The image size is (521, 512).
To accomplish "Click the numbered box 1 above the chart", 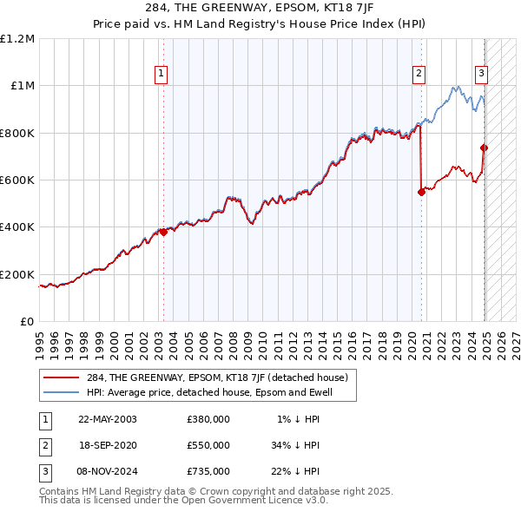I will pyautogui.click(x=162, y=74).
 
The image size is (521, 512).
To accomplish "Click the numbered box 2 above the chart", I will pyautogui.click(x=419, y=74).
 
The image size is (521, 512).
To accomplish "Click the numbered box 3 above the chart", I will pyautogui.click(x=480, y=74).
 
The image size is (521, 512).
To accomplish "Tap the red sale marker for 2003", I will pyautogui.click(x=163, y=232).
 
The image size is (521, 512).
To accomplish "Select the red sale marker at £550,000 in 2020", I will pyautogui.click(x=421, y=192).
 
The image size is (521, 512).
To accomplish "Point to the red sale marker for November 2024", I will pyautogui.click(x=485, y=148).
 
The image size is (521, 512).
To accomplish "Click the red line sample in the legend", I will pyautogui.click(x=61, y=378).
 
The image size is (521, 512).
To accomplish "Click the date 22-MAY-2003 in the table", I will pyautogui.click(x=108, y=419).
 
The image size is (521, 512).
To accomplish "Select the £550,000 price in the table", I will pyautogui.click(x=208, y=445).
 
